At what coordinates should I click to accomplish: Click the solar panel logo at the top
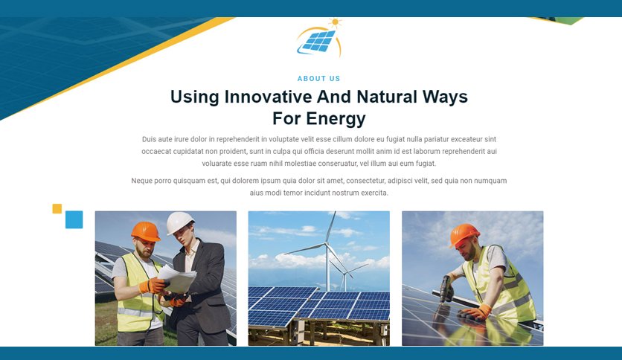pyautogui.click(x=319, y=39)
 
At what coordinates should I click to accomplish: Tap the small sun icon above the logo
pyautogui.click(x=336, y=22)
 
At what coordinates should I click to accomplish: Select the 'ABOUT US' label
pyautogui.click(x=319, y=79)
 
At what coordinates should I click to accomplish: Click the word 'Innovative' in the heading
pyautogui.click(x=268, y=97)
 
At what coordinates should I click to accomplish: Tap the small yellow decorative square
pyautogui.click(x=57, y=208)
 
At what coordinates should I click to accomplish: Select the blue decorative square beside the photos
pyautogui.click(x=74, y=219)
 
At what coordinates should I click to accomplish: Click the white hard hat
pyautogui.click(x=180, y=222)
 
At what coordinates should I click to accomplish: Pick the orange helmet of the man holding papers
pyautogui.click(x=146, y=231)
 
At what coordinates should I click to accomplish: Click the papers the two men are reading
pyautogui.click(x=177, y=278)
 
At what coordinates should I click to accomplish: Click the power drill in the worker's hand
pyautogui.click(x=446, y=289)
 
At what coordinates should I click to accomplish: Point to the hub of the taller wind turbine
pyautogui.click(x=327, y=244)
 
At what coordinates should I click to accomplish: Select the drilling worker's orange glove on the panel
pyautogui.click(x=476, y=312)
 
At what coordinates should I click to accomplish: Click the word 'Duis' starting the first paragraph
pyautogui.click(x=149, y=139)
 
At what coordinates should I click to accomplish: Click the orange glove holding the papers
pyautogui.click(x=153, y=286)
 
